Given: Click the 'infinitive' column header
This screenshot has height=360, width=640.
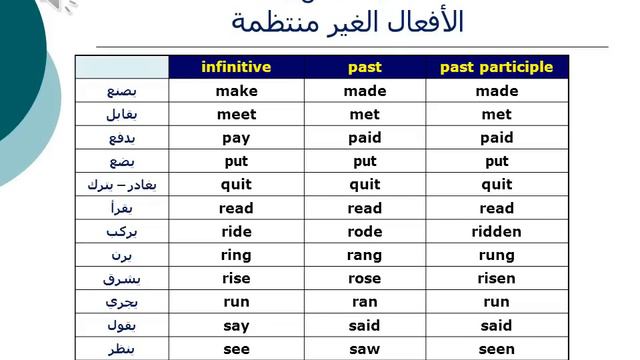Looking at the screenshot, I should pyautogui.click(x=236, y=67).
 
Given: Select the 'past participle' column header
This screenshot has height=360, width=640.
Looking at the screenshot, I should pyautogui.click(x=496, y=67).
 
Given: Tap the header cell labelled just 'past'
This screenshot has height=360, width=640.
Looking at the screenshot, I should pyautogui.click(x=365, y=67).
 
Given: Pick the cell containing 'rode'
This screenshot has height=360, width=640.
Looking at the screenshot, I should pyautogui.click(x=365, y=232).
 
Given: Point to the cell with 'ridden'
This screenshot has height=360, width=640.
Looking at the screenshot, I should pyautogui.click(x=496, y=232).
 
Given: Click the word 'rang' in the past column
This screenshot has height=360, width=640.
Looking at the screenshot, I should pyautogui.click(x=365, y=255).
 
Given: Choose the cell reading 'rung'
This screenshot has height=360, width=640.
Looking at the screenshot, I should pyautogui.click(x=496, y=255).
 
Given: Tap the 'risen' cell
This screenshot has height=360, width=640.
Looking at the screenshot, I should pyautogui.click(x=496, y=278).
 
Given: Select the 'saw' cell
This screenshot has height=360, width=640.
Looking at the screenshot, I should pyautogui.click(x=365, y=349).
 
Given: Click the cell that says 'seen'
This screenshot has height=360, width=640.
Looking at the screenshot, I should pyautogui.click(x=496, y=349).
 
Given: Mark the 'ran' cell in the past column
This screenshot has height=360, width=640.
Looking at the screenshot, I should pyautogui.click(x=365, y=302).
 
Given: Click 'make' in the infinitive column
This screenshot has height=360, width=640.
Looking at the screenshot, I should pyautogui.click(x=236, y=91).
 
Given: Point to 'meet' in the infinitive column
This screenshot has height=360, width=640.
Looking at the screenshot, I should pyautogui.click(x=236, y=114).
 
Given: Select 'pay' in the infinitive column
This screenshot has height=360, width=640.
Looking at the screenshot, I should pyautogui.click(x=236, y=138).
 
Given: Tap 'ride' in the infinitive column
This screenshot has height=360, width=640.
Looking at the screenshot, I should pyautogui.click(x=236, y=232).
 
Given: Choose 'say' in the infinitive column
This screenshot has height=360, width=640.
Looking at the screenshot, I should pyautogui.click(x=236, y=325).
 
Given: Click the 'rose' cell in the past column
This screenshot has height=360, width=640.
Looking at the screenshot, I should pyautogui.click(x=365, y=278).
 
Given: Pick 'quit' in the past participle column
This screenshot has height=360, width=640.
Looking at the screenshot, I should pyautogui.click(x=496, y=185).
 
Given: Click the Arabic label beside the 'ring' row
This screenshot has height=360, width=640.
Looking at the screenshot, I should pyautogui.click(x=121, y=255).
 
